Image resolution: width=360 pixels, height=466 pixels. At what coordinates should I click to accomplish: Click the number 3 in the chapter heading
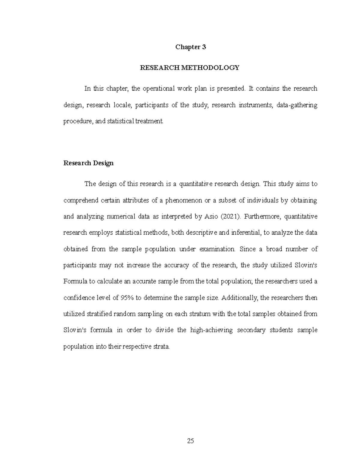pyautogui.click(x=204, y=47)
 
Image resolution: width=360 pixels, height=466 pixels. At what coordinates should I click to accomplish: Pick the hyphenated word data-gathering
pyautogui.click(x=297, y=105)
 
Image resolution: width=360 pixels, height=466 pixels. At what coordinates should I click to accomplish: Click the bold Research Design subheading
pyautogui.click(x=88, y=163)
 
